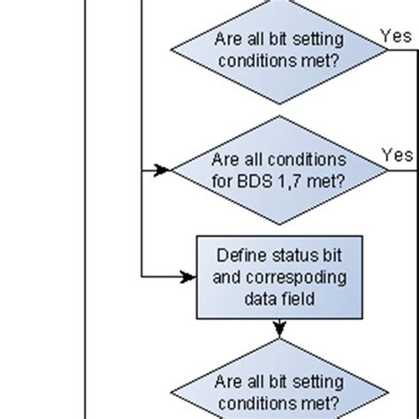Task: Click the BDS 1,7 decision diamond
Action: pos(278,170)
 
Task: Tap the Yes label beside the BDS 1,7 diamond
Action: pos(396,155)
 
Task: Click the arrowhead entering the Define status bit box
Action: pos(188,277)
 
